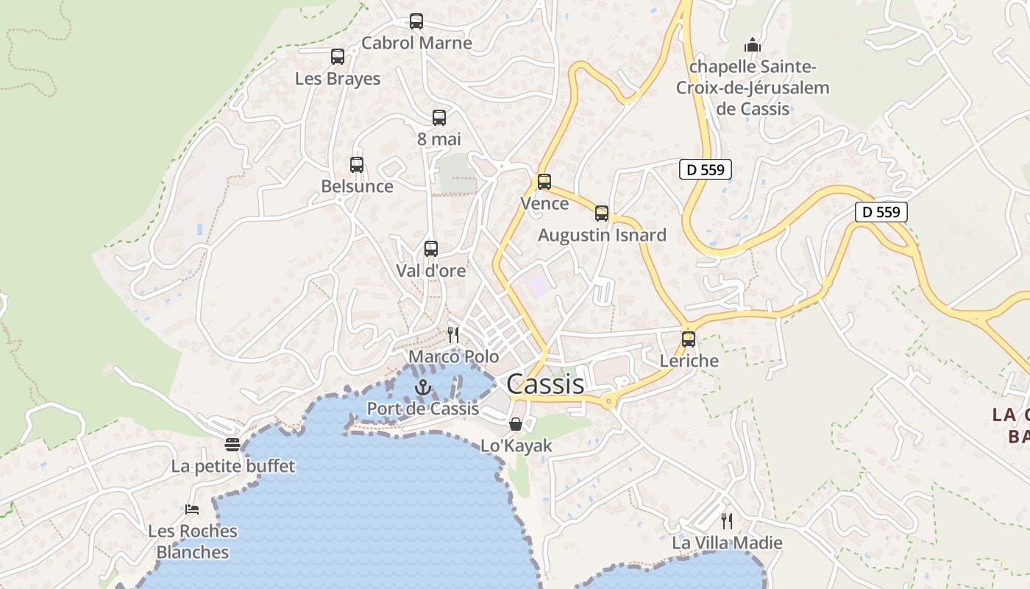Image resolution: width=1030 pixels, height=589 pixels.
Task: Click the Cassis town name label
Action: point(545,384)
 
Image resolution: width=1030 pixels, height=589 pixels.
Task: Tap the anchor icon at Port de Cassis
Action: point(423,387)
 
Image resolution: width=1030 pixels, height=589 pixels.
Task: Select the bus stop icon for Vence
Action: point(544,182)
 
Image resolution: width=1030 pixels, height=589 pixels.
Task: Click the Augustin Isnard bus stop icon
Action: point(602,214)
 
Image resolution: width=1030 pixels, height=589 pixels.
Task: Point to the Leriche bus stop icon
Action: point(689,339)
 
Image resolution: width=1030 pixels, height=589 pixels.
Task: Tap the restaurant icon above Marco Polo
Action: point(453,335)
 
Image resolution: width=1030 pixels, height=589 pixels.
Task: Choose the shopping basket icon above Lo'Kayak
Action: point(516,424)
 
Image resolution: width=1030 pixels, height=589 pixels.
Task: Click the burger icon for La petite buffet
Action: point(232,445)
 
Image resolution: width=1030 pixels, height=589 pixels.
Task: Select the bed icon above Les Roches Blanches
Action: point(192,509)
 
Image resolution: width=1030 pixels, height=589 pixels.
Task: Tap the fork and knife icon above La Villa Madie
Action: point(727,521)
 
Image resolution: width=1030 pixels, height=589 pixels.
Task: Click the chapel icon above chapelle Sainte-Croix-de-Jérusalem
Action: point(752,44)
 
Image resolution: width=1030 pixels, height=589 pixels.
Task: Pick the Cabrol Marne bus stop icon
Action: point(416,21)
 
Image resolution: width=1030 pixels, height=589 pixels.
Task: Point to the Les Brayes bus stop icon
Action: point(338,57)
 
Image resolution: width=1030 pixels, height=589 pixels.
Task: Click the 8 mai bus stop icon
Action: point(439,117)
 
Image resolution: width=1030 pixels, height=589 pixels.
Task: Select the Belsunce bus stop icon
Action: point(357,165)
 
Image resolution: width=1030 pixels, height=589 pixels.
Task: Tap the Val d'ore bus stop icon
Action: point(431,249)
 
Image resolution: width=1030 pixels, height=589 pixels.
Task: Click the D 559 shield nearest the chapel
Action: point(705,170)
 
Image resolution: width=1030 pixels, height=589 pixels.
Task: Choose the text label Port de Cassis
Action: point(423,409)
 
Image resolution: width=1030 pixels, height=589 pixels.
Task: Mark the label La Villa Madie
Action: point(727,543)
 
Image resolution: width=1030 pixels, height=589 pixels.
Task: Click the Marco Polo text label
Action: point(454,357)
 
